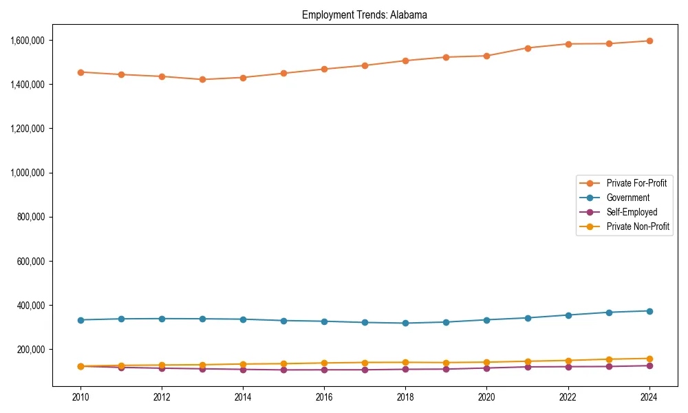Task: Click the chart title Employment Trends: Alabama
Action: coord(365,15)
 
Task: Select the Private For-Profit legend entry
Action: coord(636,183)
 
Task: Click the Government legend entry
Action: coord(627,198)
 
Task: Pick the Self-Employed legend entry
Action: coord(632,212)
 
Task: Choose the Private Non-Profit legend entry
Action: coord(638,226)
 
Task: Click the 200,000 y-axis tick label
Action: coord(30,350)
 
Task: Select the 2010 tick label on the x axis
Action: coord(80,397)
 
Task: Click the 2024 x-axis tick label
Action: coord(649,397)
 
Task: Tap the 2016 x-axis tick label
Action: coord(324,397)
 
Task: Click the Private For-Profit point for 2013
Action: coord(202,79)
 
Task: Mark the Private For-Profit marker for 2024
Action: coord(649,41)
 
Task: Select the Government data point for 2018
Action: coord(405,323)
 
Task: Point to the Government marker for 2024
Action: coord(649,311)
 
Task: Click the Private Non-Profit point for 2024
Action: coord(649,359)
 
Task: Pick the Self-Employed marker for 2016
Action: coord(324,370)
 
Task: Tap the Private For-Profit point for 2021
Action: coord(527,48)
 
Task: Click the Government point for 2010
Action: coord(80,320)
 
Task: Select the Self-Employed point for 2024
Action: coord(649,366)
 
